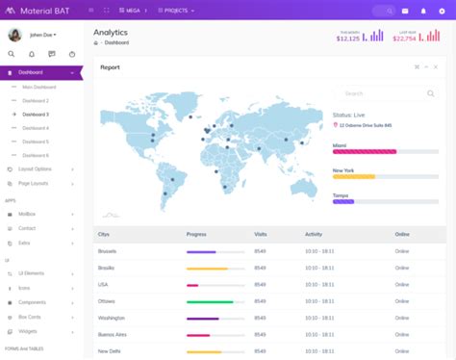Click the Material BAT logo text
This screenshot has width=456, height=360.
point(43,11)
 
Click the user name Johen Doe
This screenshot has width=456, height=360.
point(41,35)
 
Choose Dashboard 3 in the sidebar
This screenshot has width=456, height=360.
point(36,115)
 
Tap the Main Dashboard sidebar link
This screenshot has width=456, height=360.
point(39,88)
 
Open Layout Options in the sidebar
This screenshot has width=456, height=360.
point(36,169)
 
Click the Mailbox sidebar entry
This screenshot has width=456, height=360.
point(28,215)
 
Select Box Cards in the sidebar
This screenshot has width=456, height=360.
point(30,317)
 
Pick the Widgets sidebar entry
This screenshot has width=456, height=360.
point(28,330)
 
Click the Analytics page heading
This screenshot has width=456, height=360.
point(111,33)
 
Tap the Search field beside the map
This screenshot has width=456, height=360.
point(380,93)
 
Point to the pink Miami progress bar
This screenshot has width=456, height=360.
point(365,151)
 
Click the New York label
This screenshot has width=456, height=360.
point(344,169)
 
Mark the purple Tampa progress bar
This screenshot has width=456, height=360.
point(343,201)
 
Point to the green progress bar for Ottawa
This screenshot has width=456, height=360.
point(210,301)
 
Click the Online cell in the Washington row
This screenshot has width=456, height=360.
point(402,318)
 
